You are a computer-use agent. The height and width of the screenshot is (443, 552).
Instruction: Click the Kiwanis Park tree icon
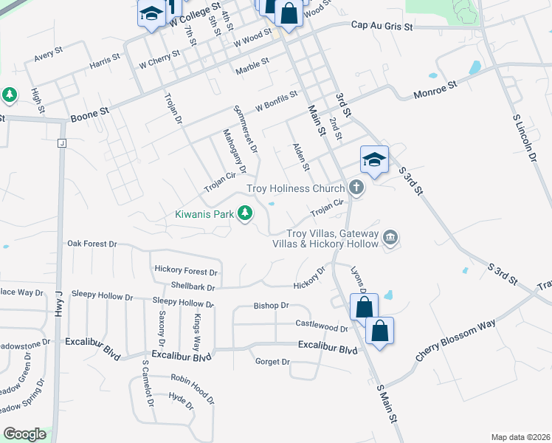coord(245,214)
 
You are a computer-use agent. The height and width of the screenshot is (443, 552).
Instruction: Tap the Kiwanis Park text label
coord(204,215)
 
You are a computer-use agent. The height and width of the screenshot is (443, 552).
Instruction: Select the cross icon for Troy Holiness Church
coord(356,188)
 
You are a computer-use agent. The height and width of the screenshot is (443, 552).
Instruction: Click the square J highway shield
coord(62,143)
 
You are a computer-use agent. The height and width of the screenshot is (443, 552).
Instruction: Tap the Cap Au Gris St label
coord(382,25)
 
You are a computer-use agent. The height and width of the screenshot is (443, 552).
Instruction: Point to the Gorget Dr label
coord(272,362)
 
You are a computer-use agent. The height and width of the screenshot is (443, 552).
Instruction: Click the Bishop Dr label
coord(271,305)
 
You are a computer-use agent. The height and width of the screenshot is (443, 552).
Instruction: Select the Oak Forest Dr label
coord(92,243)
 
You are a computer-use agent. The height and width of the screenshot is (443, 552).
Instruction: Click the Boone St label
coord(89,114)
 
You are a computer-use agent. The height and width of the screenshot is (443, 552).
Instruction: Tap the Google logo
coord(24,433)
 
